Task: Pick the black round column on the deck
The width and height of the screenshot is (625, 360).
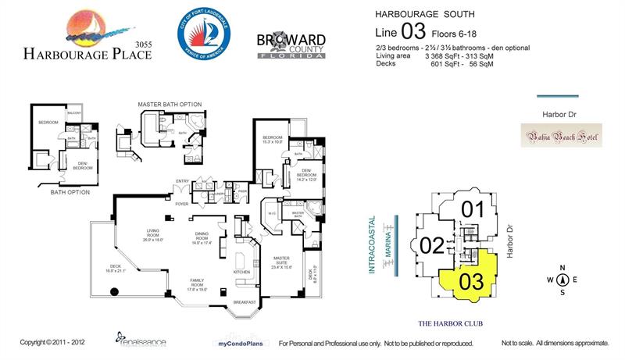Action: [113, 292]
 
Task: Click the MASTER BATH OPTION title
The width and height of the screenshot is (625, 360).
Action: [170, 104]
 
